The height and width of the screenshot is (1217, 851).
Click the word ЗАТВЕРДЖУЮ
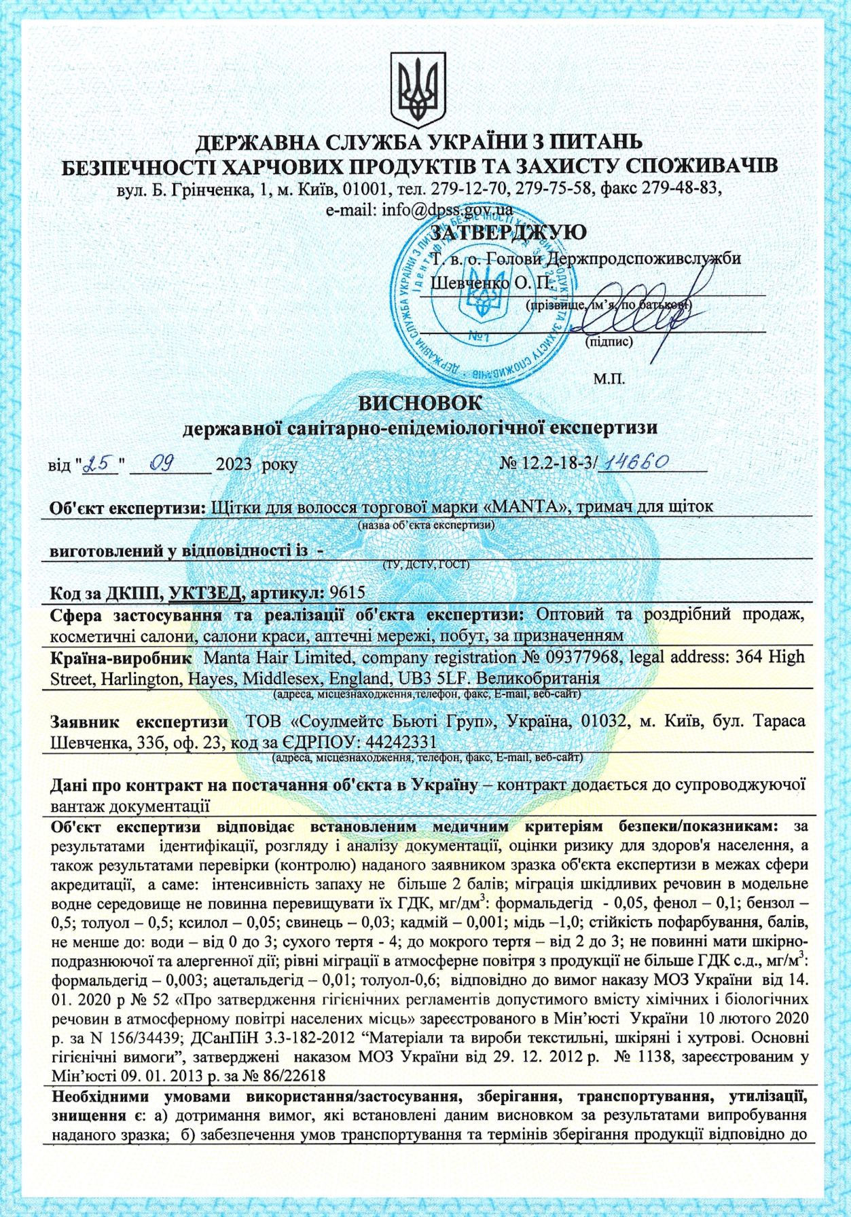[x=509, y=233]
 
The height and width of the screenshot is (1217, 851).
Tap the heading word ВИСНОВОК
[x=420, y=402]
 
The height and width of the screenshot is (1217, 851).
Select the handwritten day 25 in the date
[x=100, y=464]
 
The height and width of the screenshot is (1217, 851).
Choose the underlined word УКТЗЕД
[x=205, y=592]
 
